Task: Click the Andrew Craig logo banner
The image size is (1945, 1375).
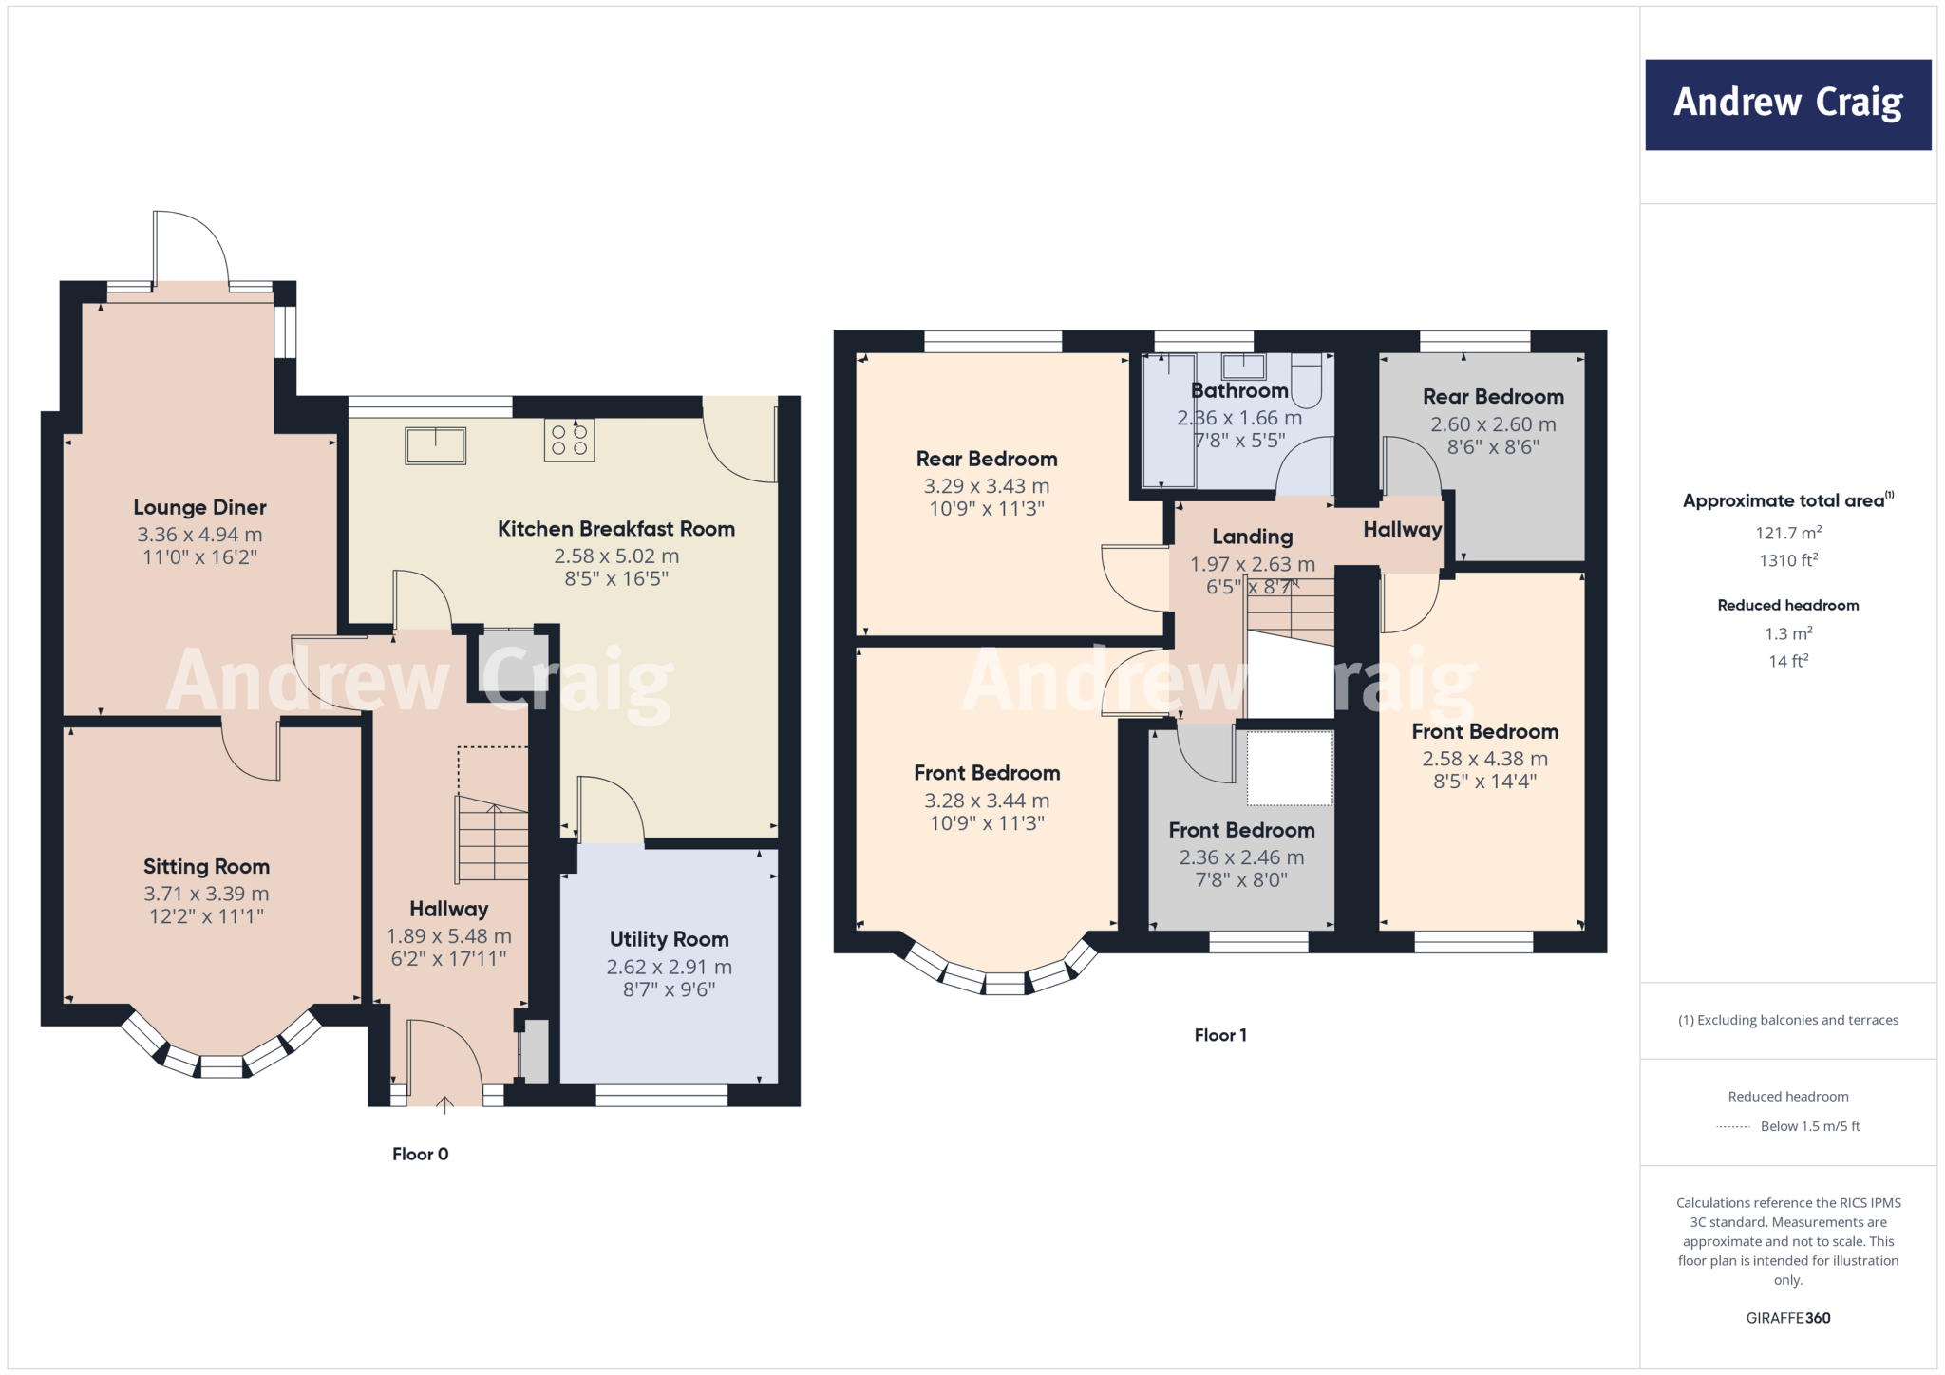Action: pos(1787,104)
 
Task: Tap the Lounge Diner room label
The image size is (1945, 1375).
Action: pos(199,507)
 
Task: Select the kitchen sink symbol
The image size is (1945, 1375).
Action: pos(435,445)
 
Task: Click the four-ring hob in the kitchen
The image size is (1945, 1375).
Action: pos(569,441)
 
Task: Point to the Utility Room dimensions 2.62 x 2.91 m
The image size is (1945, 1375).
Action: pos(669,967)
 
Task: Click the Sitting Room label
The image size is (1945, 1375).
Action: pos(206,866)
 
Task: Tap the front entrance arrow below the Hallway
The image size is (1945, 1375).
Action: pos(444,1104)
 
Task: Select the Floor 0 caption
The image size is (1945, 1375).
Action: pos(420,1154)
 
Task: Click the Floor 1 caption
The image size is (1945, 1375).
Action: pos(1219,1035)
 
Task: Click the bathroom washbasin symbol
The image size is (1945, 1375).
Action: pos(1242,367)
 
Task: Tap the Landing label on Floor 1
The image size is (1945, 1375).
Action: pos(1252,537)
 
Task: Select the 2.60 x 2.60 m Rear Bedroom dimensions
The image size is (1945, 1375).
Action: pos(1493,424)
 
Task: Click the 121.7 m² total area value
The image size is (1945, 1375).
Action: pos(1787,533)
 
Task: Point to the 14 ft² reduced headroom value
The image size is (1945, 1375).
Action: pos(1787,661)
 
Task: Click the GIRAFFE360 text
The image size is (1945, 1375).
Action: pos(1787,1318)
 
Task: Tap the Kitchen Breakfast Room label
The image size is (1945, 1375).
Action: pos(615,529)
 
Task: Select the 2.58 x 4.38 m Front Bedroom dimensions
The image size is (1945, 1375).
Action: pos(1484,759)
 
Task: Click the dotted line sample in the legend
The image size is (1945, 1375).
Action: pos(1733,1127)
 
